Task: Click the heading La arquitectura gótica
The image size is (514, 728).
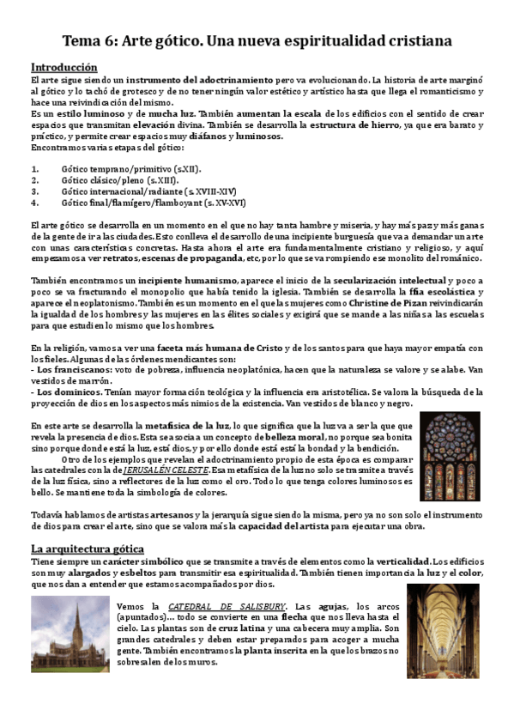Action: [87, 548]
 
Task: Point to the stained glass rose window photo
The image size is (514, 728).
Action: [450, 456]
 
